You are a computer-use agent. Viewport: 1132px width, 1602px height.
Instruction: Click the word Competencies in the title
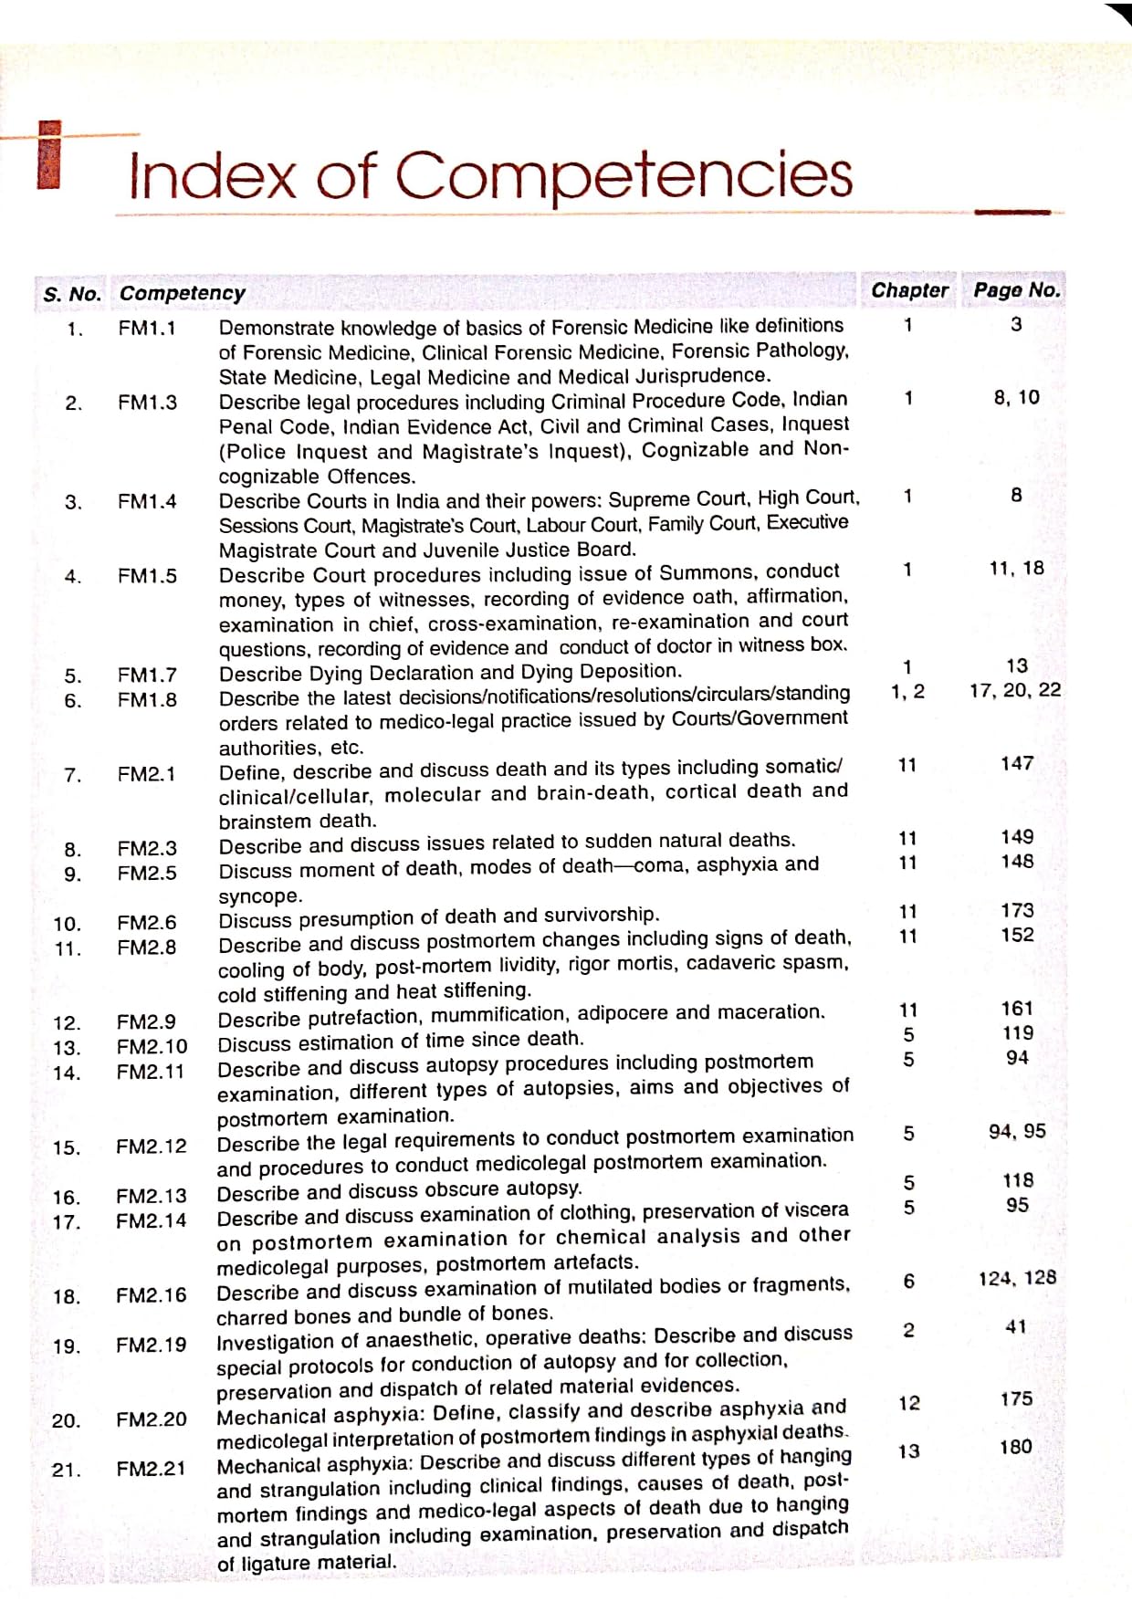[x=624, y=175]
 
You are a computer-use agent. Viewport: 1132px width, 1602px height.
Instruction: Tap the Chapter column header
[x=909, y=290]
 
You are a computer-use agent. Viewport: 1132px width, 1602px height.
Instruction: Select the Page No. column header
[x=1017, y=290]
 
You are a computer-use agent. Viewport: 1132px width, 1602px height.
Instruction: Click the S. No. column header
[x=72, y=294]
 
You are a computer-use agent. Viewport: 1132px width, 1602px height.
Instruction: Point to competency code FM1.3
[x=147, y=402]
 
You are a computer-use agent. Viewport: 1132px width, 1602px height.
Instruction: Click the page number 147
[x=1017, y=763]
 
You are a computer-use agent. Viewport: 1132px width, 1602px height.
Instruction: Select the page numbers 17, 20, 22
[x=1015, y=690]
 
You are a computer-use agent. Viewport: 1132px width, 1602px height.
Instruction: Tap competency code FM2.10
[x=152, y=1046]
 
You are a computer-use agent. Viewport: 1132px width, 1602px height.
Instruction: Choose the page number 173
[x=1017, y=910]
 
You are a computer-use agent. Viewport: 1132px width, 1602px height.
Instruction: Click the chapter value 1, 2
[x=907, y=691]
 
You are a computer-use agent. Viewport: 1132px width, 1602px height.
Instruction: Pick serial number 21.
[x=66, y=1470]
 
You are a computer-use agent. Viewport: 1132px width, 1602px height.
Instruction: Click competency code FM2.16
[x=151, y=1295]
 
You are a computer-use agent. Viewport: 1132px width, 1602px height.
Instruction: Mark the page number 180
[x=1016, y=1447]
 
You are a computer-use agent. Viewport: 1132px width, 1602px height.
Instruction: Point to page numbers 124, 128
[x=1017, y=1278]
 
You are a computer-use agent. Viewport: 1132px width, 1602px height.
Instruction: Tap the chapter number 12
[x=909, y=1403]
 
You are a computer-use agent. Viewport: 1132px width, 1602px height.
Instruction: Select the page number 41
[x=1016, y=1326]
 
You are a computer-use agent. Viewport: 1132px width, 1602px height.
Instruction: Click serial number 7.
[x=73, y=775]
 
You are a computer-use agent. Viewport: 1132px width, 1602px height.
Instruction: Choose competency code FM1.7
[x=147, y=675]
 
